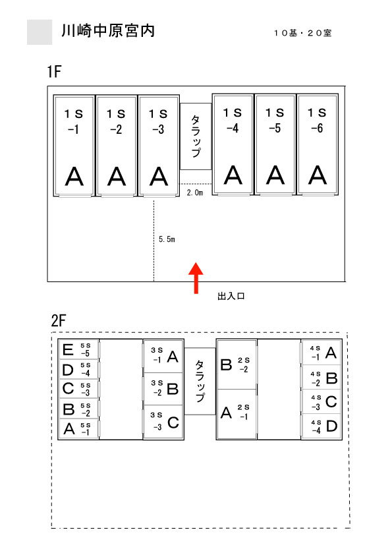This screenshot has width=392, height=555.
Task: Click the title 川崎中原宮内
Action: tap(108, 31)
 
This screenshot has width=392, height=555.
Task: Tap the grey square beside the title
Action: tap(40, 32)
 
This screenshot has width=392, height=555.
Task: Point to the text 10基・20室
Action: tap(302, 33)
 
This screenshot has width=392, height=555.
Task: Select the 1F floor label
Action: tap(54, 71)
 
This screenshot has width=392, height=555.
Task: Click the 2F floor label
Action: tap(59, 321)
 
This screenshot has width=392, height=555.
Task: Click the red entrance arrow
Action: tap(196, 278)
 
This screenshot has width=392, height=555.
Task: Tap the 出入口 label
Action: tap(231, 296)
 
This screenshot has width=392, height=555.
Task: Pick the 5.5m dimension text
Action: tap(167, 239)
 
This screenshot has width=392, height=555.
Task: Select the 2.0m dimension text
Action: tap(195, 192)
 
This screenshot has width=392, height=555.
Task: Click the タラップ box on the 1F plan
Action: tap(196, 136)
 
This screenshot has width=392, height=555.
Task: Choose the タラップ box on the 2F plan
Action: tap(200, 381)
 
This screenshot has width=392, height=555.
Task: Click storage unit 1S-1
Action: tap(74, 145)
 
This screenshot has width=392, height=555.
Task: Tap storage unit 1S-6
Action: tap(318, 144)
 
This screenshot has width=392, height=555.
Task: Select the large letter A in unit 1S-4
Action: tap(233, 175)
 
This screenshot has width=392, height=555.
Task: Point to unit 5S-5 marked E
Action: tap(78, 350)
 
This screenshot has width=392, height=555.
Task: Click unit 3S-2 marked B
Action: tap(163, 389)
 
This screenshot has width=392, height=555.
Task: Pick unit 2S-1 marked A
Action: tap(237, 414)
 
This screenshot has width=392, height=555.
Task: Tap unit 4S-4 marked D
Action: tap(322, 426)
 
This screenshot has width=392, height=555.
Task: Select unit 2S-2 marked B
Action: tap(237, 365)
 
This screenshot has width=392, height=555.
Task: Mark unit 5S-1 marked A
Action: tap(78, 429)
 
